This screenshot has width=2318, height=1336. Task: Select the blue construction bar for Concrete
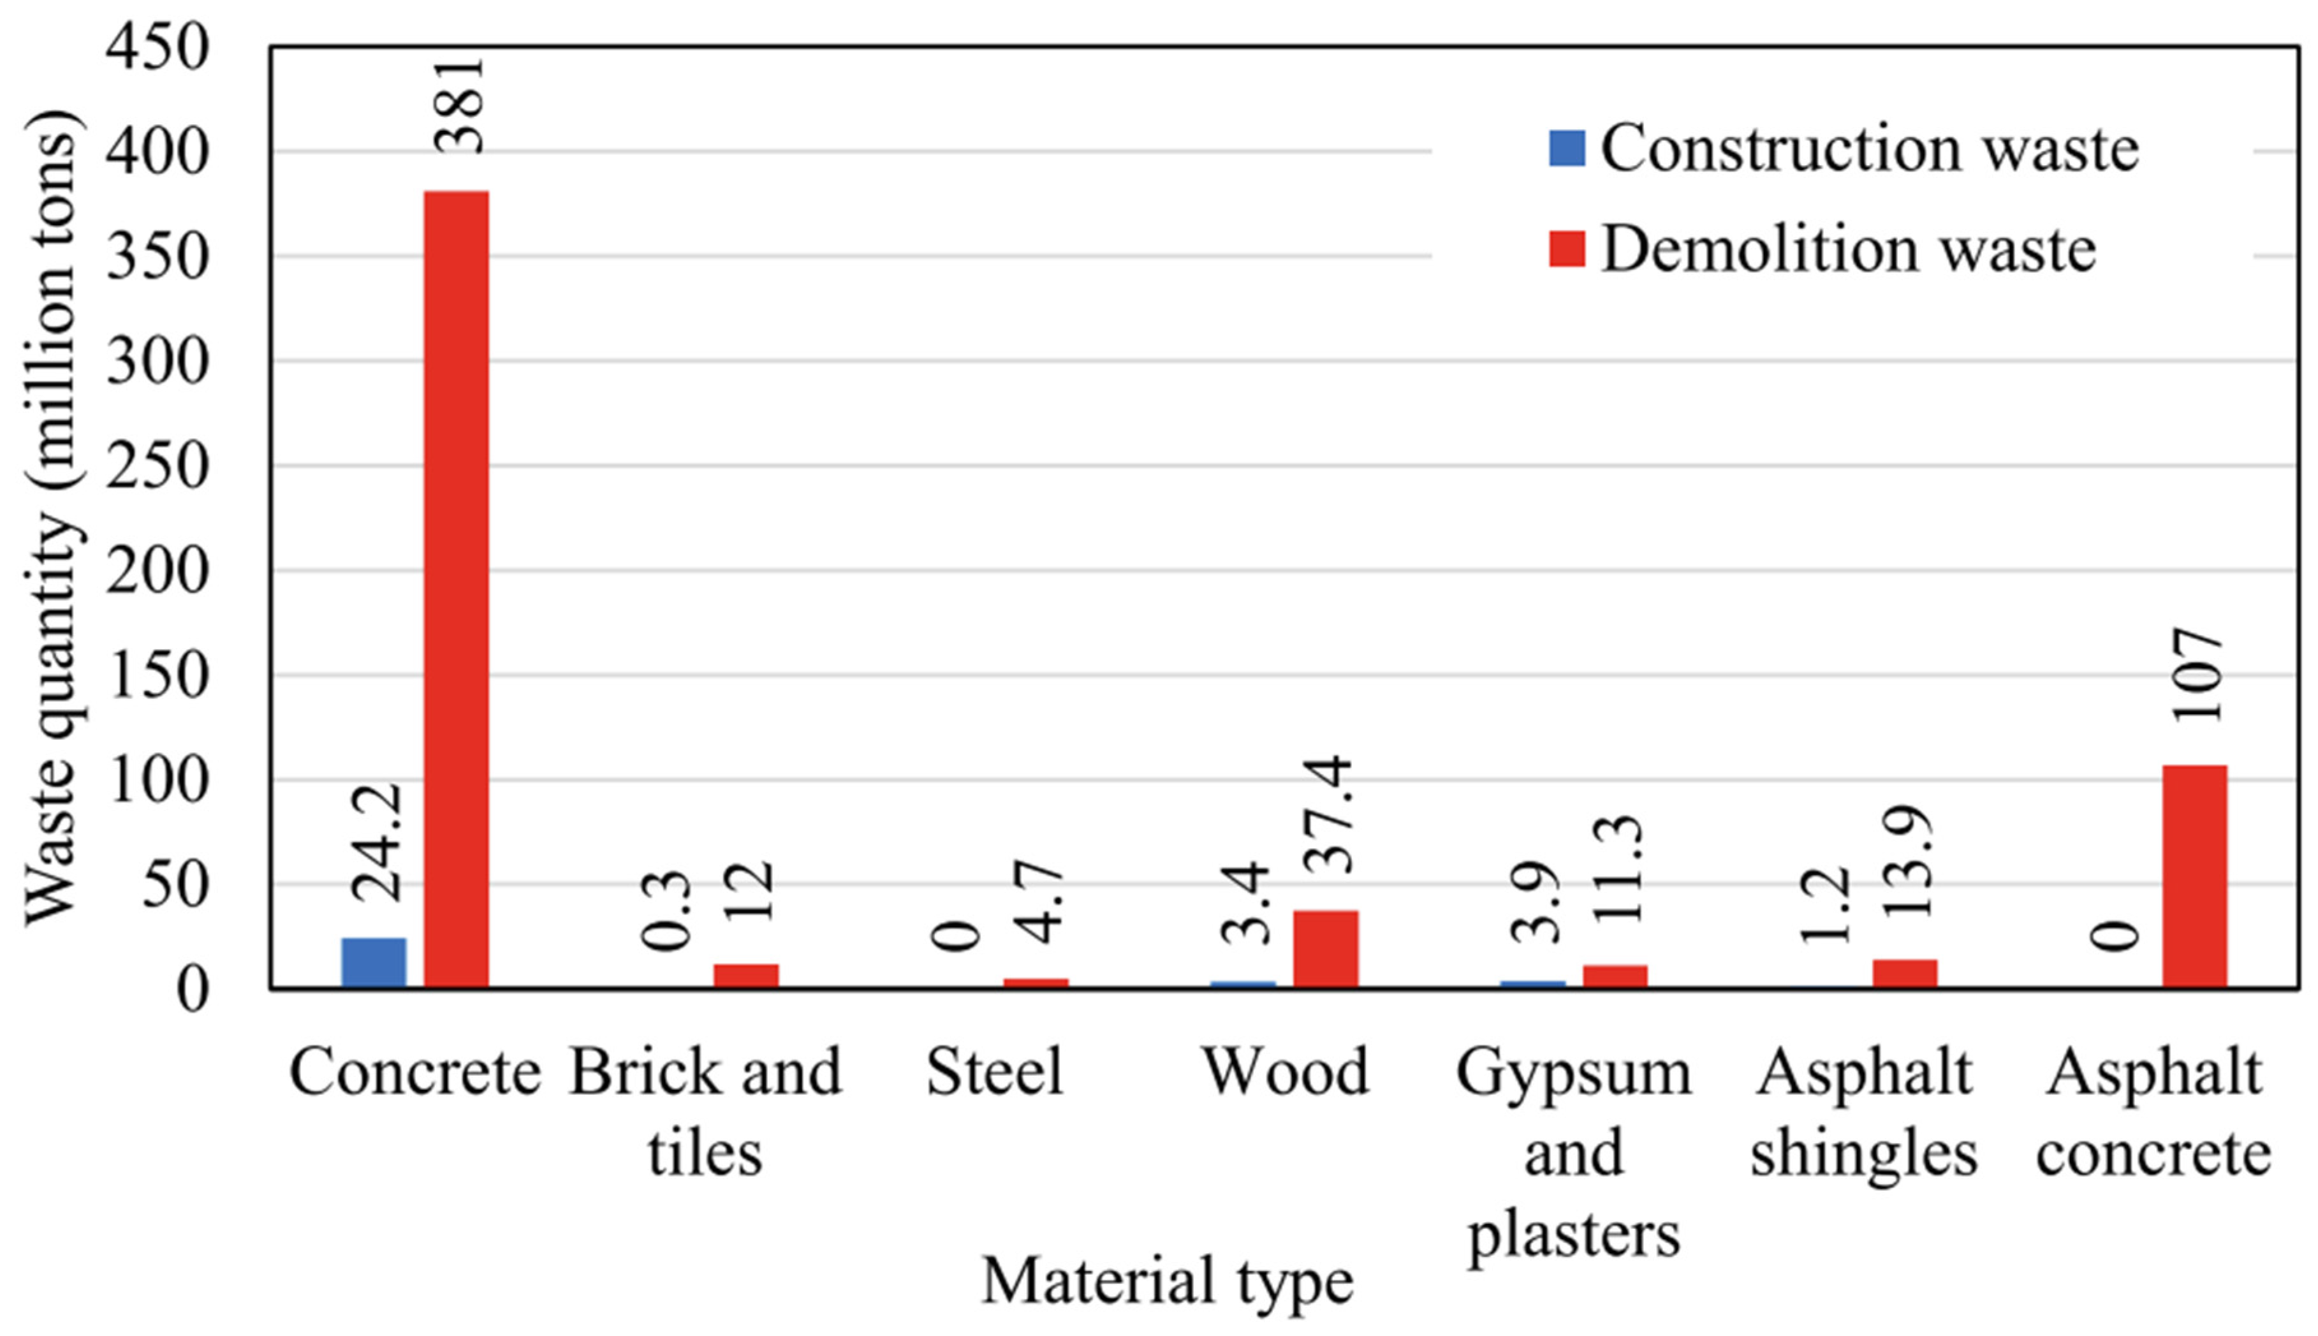coord(373,962)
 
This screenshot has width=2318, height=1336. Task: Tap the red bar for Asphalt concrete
coord(2194,876)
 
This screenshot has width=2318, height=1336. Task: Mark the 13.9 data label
coord(1908,863)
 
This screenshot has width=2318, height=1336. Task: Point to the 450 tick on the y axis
coord(158,48)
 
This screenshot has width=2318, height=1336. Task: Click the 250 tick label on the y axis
coord(158,466)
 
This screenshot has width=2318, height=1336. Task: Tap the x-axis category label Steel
coord(994,1072)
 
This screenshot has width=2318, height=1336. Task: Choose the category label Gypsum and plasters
coord(1573,1152)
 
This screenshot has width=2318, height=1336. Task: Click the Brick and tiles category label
coord(705,1110)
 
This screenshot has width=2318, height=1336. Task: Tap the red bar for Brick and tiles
coord(745,976)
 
